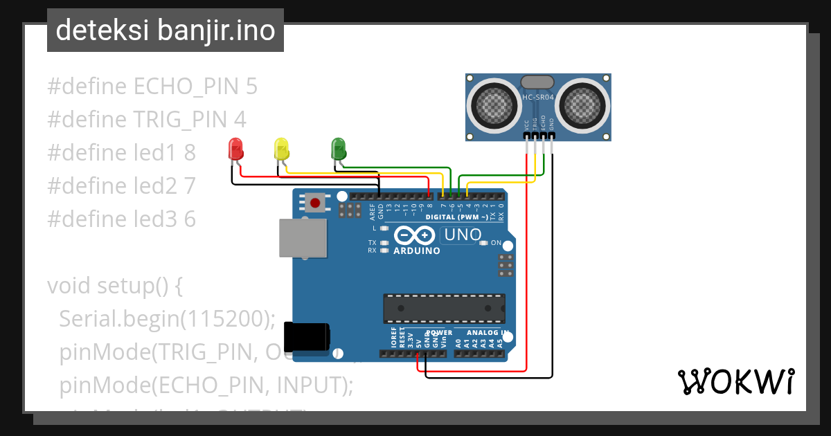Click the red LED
pos(235,148)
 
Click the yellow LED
pos(281,148)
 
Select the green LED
pos(338,147)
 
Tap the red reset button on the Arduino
pos(316,203)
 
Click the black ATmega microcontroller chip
pos(444,308)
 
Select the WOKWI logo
pos(735,381)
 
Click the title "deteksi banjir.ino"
pos(165,30)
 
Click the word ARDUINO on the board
pos(416,251)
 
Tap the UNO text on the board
pos(462,235)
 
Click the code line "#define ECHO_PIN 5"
pos(152,87)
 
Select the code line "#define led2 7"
pos(122,185)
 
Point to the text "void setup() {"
pos(114,286)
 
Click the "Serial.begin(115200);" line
pos(167,319)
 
